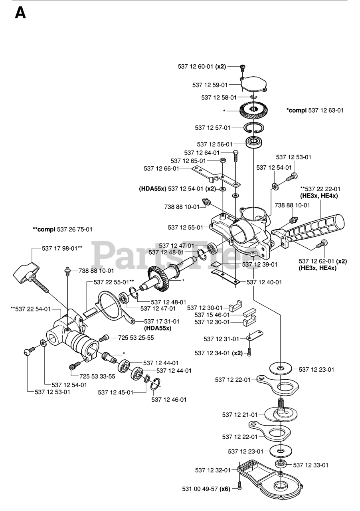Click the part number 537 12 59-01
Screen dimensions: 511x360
point(210,85)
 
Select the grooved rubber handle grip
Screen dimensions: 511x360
point(319,230)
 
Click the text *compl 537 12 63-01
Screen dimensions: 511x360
point(315,110)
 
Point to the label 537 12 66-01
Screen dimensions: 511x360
point(162,169)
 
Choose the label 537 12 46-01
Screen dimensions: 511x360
point(169,399)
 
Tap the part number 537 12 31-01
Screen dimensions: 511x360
point(221,339)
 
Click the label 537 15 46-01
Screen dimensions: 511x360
point(212,315)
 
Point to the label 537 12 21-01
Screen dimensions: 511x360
point(239,415)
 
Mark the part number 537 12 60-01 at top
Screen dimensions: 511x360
point(196,67)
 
